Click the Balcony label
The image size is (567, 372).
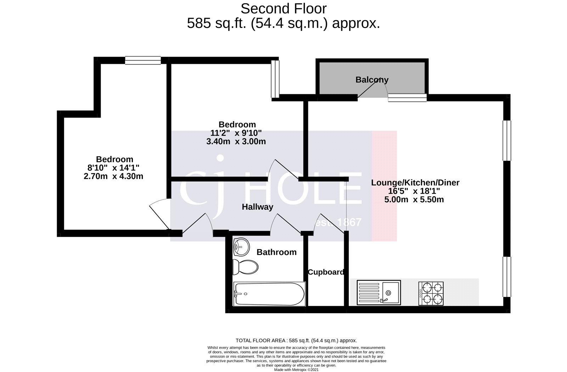click(372, 80)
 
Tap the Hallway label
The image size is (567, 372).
click(257, 207)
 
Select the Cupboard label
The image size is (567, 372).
click(325, 272)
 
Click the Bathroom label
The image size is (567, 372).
click(276, 252)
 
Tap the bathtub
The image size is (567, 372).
click(269, 294)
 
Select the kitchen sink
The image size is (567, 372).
click(378, 292)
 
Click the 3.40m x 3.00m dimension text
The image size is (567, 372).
click(236, 142)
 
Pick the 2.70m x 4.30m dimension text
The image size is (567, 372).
click(113, 176)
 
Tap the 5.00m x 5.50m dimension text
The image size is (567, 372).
click(414, 199)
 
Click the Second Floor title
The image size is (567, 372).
click(283, 8)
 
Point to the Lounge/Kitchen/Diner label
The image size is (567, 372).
click(415, 183)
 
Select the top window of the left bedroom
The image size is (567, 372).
click(143, 61)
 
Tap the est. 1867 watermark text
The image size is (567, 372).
click(338, 222)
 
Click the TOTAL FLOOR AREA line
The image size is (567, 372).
click(296, 340)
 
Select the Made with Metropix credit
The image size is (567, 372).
click(296, 370)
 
